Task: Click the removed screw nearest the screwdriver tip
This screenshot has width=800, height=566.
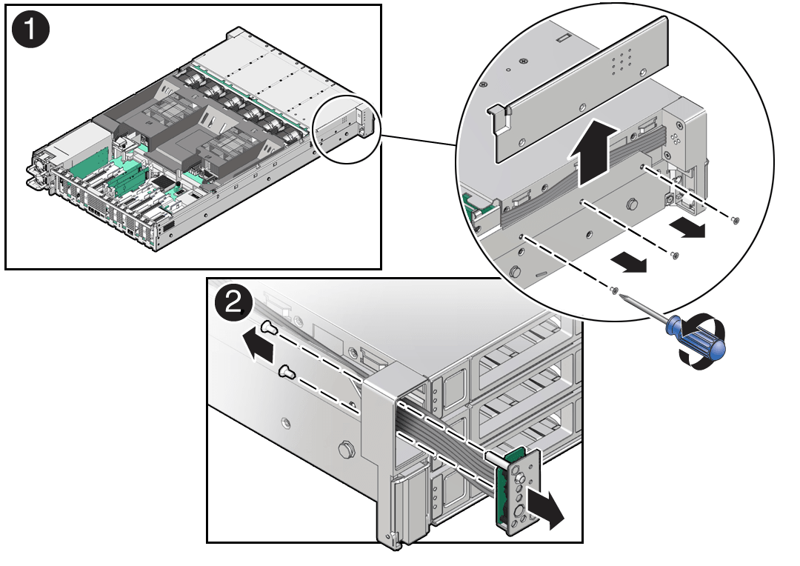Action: point(614,290)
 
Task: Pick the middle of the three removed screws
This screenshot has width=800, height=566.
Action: point(673,256)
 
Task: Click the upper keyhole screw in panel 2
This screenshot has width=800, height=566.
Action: point(268,330)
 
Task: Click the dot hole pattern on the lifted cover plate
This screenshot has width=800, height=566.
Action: point(621,64)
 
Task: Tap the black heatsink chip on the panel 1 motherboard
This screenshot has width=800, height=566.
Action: point(177,181)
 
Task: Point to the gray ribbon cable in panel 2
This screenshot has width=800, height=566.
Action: point(444,436)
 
